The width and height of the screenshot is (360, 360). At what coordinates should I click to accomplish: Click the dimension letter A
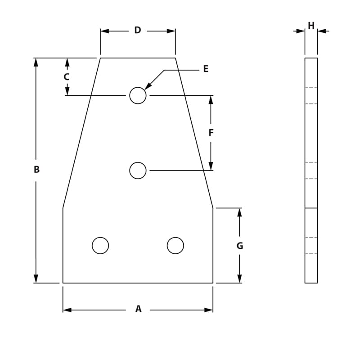coord(138,309)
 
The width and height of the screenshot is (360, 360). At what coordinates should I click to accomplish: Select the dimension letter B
coord(36,170)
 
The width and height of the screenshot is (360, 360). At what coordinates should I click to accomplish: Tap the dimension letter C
coord(67,77)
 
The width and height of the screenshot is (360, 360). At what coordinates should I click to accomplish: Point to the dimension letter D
coord(138,31)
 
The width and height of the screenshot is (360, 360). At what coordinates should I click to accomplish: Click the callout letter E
coord(206,69)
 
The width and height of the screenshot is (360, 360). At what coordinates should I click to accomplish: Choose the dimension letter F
coord(211,133)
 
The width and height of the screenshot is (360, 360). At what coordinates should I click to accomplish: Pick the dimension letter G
coord(239,246)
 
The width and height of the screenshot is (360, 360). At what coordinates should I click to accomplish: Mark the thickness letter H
coord(311,26)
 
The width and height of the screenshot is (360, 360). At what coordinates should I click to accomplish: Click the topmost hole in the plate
coord(138,95)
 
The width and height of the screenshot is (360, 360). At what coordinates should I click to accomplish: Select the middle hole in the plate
coord(138,171)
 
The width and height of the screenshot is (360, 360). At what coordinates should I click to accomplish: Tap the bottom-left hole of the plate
coord(100,246)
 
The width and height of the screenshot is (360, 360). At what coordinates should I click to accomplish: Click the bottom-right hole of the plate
coord(175,246)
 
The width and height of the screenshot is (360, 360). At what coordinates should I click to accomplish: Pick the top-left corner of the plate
coord(100,58)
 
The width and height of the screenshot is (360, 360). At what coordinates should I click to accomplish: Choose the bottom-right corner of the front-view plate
coord(213,283)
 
